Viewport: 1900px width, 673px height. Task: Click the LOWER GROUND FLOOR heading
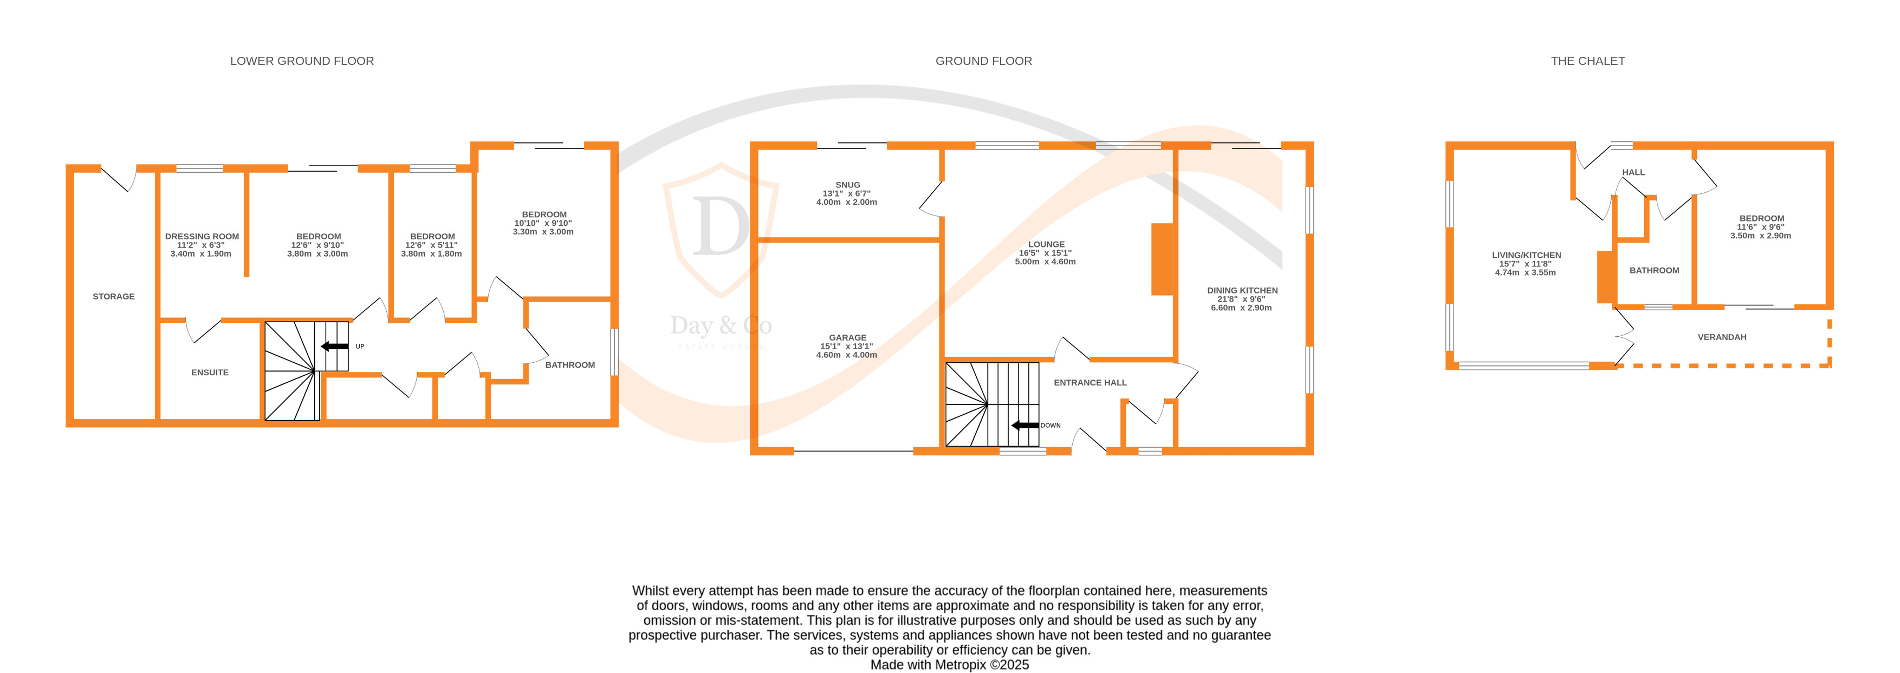(x=302, y=61)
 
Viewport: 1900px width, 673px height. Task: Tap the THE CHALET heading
(x=1587, y=61)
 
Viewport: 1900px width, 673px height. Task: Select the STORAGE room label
(x=114, y=296)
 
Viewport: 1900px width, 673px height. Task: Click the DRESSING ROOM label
(x=202, y=237)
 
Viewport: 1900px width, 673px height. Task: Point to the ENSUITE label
(x=210, y=373)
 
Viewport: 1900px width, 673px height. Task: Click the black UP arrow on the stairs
(x=335, y=347)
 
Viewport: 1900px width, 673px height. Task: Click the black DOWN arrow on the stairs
(x=1024, y=426)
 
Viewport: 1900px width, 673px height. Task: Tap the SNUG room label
(x=847, y=185)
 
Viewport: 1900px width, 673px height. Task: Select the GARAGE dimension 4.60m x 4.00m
(x=846, y=355)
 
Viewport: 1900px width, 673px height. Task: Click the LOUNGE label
(x=1046, y=244)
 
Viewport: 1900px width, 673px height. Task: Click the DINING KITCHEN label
(x=1242, y=290)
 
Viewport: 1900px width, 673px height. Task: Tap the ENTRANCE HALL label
(x=1090, y=383)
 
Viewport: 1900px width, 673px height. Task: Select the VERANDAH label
(x=1722, y=337)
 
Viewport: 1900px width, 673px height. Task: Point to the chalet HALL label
(x=1633, y=173)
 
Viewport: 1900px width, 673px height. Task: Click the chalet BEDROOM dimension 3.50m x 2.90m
(x=1761, y=236)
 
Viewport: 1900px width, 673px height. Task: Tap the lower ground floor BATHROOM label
(x=569, y=365)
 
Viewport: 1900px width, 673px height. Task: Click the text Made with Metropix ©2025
(x=949, y=665)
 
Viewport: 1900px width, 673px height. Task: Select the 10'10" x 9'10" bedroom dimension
(x=543, y=224)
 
